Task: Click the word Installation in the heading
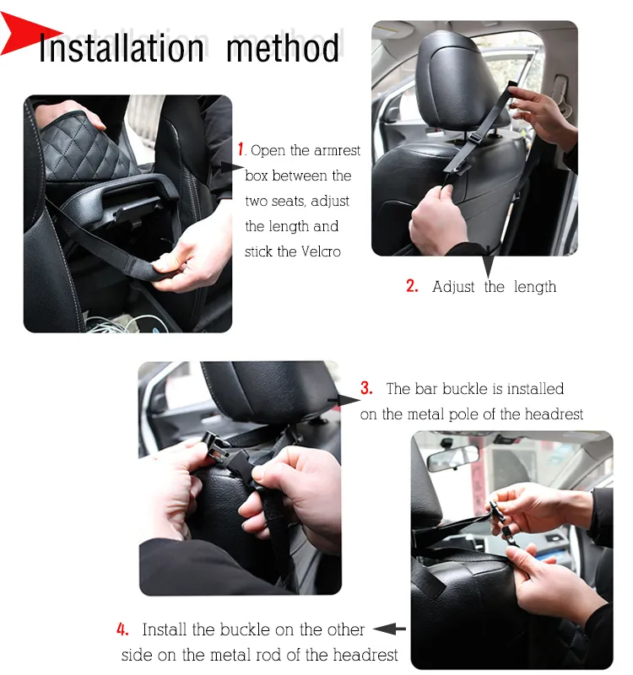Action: (121, 48)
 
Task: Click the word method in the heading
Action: (283, 48)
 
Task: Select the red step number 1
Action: (241, 150)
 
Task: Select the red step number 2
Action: (412, 286)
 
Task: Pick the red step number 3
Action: (366, 388)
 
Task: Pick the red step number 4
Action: (122, 629)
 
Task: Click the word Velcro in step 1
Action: (321, 251)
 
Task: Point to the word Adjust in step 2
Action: (454, 287)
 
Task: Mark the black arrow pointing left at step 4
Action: (389, 629)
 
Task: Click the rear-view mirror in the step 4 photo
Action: (452, 457)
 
